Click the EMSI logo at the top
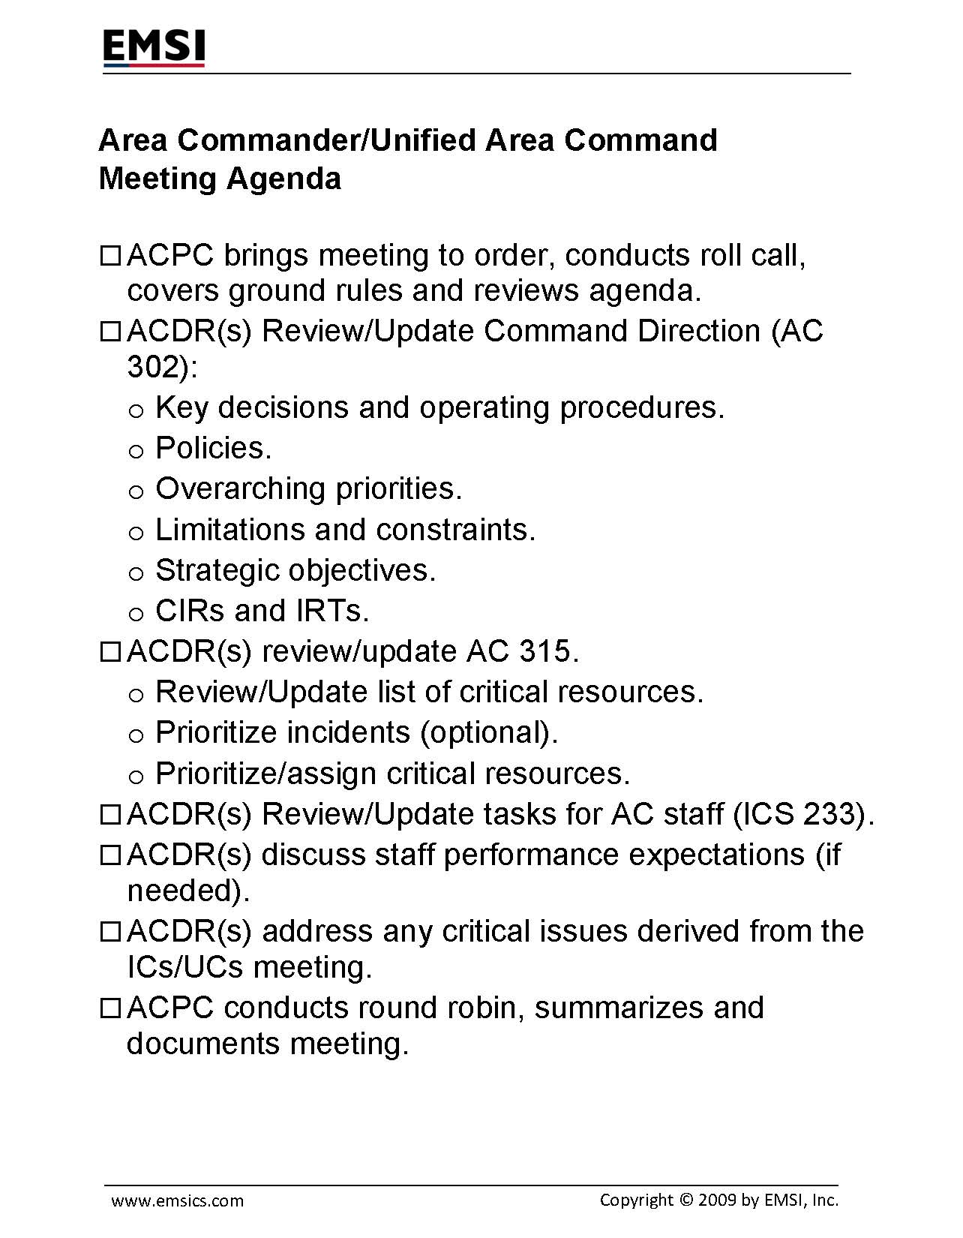154,49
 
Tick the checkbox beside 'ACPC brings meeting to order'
109,257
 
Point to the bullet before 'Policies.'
136,450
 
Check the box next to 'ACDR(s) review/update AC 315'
109,653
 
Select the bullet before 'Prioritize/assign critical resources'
136,776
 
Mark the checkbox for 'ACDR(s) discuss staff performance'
109,856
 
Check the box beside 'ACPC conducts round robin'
109,1009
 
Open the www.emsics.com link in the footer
178,1201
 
